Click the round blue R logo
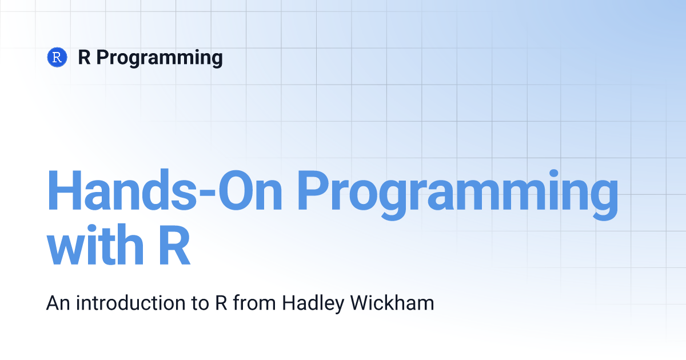pyautogui.click(x=57, y=57)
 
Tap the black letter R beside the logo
pyautogui.click(x=85, y=57)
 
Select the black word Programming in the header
pyautogui.click(x=159, y=58)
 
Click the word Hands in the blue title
pyautogui.click(x=122, y=190)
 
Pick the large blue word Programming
pyautogui.click(x=458, y=195)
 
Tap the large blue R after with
pyautogui.click(x=174, y=245)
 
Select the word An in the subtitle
pyautogui.click(x=58, y=303)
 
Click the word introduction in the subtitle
pyautogui.click(x=131, y=303)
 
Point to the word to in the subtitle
pyautogui.click(x=200, y=303)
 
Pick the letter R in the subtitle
pyautogui.click(x=221, y=303)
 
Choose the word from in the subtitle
pyautogui.click(x=254, y=303)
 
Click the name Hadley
pyautogui.click(x=313, y=304)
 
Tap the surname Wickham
pyautogui.click(x=392, y=303)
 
